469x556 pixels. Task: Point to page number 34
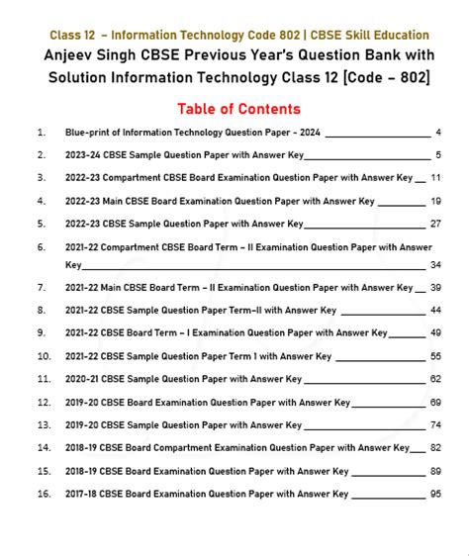click(435, 264)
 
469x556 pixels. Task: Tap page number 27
click(435, 224)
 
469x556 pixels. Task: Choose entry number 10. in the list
click(43, 355)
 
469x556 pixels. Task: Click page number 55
click(435, 355)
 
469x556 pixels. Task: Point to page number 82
click(435, 447)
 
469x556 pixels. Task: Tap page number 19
click(435, 201)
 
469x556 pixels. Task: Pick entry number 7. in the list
click(41, 287)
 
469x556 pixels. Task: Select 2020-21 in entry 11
click(86, 378)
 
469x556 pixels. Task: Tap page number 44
click(435, 310)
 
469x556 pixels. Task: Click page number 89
click(435, 470)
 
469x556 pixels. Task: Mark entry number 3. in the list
click(41, 178)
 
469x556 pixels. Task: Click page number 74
click(435, 424)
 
